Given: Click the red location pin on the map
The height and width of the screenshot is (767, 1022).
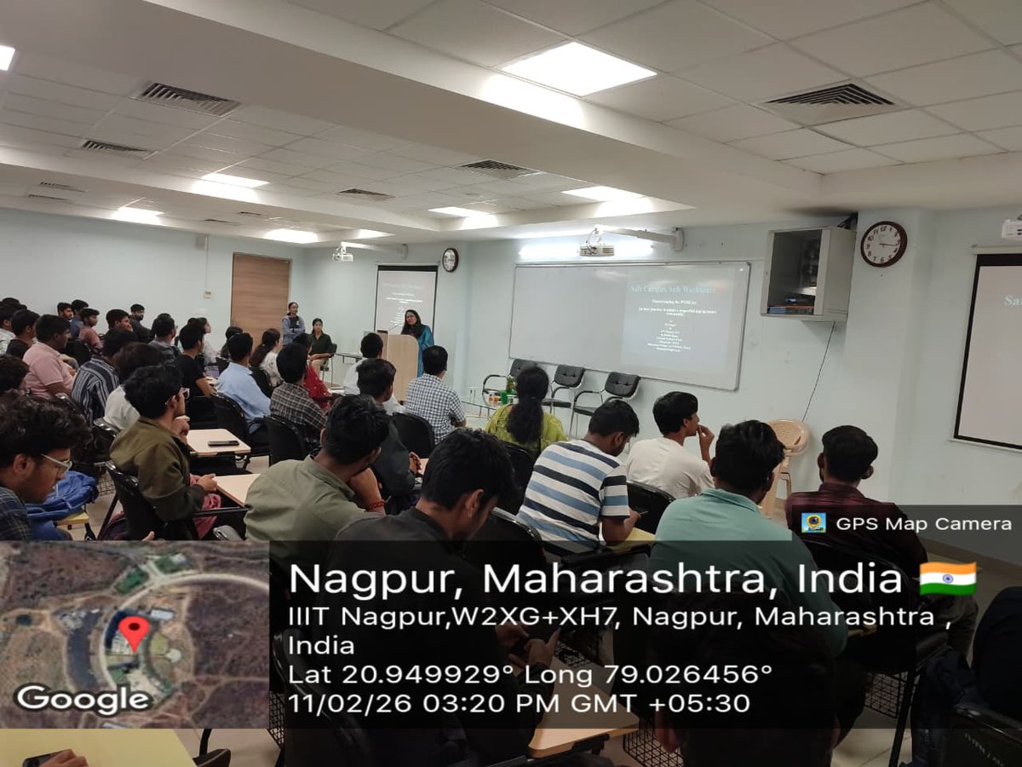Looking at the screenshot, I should pos(134,631).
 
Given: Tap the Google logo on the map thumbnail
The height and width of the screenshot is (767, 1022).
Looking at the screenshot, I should pos(83,699).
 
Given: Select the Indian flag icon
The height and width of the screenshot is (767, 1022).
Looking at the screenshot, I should pos(948,578).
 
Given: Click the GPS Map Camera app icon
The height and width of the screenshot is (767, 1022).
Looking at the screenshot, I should pos(813,522).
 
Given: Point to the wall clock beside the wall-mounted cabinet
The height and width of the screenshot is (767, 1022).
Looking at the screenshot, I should pos(883,244).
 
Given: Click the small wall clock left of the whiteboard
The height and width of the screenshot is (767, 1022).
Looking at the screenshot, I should pos(450,259).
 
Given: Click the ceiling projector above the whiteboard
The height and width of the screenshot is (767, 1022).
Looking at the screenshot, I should pos(596,248).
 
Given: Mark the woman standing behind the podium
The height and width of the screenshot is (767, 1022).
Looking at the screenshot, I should pos(416,331).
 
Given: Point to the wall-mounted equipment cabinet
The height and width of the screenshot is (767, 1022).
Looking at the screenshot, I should pos(807,272).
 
